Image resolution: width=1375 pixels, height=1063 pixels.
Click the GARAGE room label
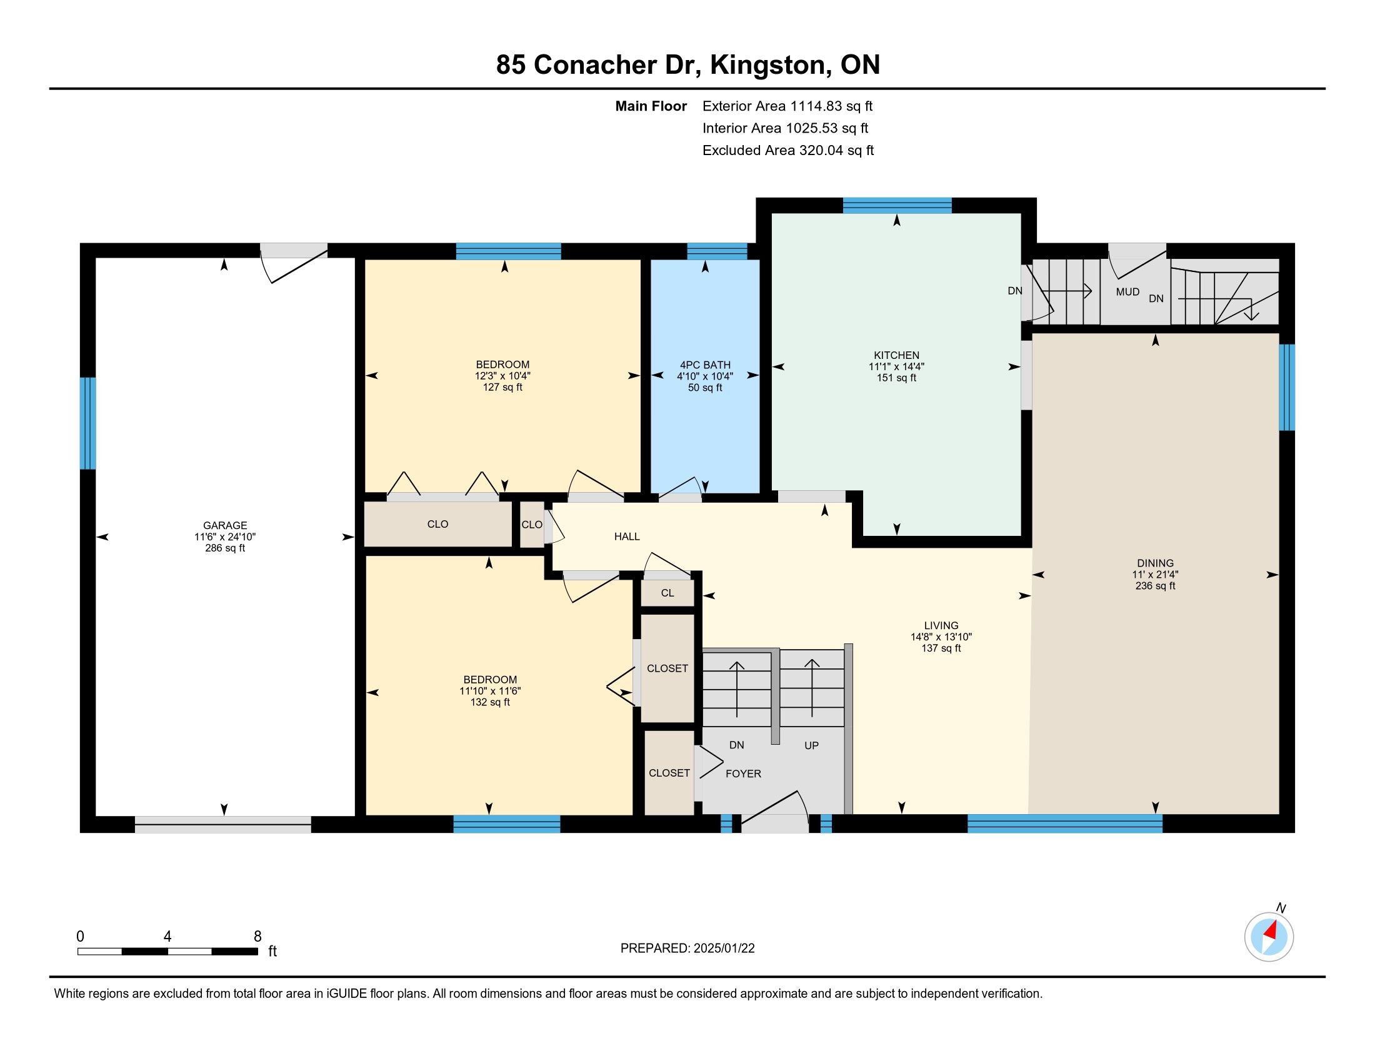225,525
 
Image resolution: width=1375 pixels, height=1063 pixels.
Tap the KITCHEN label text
896,355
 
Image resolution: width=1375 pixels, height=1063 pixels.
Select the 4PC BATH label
705,365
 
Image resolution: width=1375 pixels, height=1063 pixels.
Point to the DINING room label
1155,563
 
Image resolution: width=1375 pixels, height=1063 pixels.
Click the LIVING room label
941,625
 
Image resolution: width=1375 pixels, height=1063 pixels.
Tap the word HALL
627,537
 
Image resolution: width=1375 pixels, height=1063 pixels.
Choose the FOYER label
744,773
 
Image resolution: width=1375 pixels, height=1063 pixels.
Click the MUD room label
1127,291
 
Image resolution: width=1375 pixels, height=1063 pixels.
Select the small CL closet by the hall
667,593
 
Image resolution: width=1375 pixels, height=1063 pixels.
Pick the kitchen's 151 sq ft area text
896,378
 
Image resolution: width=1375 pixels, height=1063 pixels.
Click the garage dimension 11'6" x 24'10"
225,537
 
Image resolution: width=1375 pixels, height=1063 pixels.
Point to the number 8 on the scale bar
257,937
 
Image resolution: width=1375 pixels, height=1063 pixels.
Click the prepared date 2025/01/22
724,949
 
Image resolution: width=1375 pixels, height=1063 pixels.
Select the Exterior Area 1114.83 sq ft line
787,106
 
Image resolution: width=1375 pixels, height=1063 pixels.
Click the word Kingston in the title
768,65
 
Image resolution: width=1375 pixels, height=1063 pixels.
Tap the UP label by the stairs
811,745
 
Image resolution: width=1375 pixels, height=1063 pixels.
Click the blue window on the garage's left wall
87,423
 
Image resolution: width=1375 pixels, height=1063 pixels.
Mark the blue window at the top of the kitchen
897,205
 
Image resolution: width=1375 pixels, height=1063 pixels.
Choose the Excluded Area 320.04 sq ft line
788,151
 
